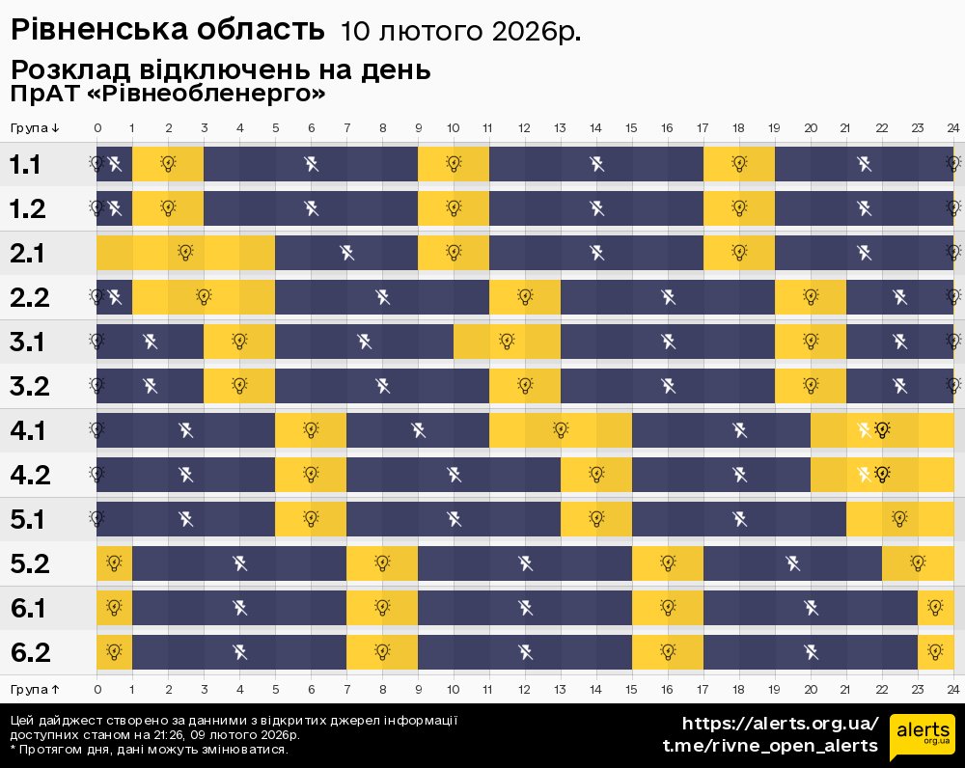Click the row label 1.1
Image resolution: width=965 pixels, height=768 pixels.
click(25, 164)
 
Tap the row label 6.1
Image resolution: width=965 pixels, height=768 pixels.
click(29, 608)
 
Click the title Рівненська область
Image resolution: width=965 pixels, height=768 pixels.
click(167, 30)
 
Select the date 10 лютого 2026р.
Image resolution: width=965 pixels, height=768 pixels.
click(460, 32)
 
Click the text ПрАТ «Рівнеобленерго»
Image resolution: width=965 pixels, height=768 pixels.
click(168, 95)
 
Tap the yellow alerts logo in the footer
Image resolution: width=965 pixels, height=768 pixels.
click(923, 738)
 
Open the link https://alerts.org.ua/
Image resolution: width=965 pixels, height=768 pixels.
click(781, 724)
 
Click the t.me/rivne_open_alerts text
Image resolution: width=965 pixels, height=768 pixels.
click(770, 746)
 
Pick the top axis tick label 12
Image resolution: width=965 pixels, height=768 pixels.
click(524, 128)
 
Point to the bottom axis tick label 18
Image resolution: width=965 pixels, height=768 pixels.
click(738, 689)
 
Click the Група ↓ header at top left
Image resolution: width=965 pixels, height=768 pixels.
click(36, 128)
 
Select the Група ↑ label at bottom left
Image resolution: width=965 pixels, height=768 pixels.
click(36, 689)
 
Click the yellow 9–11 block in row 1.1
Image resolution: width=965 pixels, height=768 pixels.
click(454, 164)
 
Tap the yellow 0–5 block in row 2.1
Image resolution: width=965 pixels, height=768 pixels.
click(185, 253)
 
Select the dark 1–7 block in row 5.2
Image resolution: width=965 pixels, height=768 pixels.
click(239, 563)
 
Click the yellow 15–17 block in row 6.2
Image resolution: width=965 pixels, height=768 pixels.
click(668, 652)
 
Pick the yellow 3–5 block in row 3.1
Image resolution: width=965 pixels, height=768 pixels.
click(239, 342)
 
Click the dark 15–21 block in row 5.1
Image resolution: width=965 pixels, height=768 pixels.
click(739, 519)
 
